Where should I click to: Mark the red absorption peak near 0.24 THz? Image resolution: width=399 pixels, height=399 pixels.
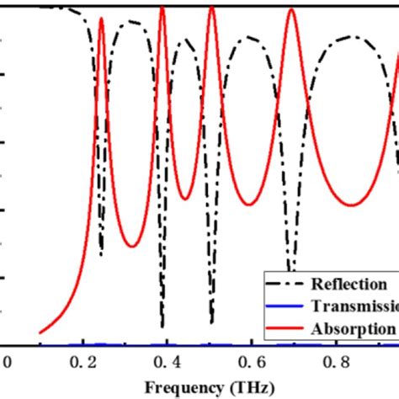tap(101, 18)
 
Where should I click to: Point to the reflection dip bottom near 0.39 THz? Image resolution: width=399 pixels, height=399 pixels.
tap(162, 327)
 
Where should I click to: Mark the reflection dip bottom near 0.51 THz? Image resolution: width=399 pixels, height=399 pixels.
tap(211, 322)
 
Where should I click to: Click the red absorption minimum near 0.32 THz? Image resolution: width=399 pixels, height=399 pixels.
tap(131, 246)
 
